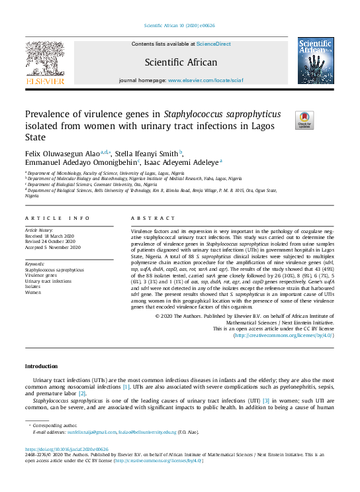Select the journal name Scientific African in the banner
[180, 62]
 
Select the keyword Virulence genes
[40, 275]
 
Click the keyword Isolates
[33, 286]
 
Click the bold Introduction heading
[41, 366]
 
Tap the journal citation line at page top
[179, 26]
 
